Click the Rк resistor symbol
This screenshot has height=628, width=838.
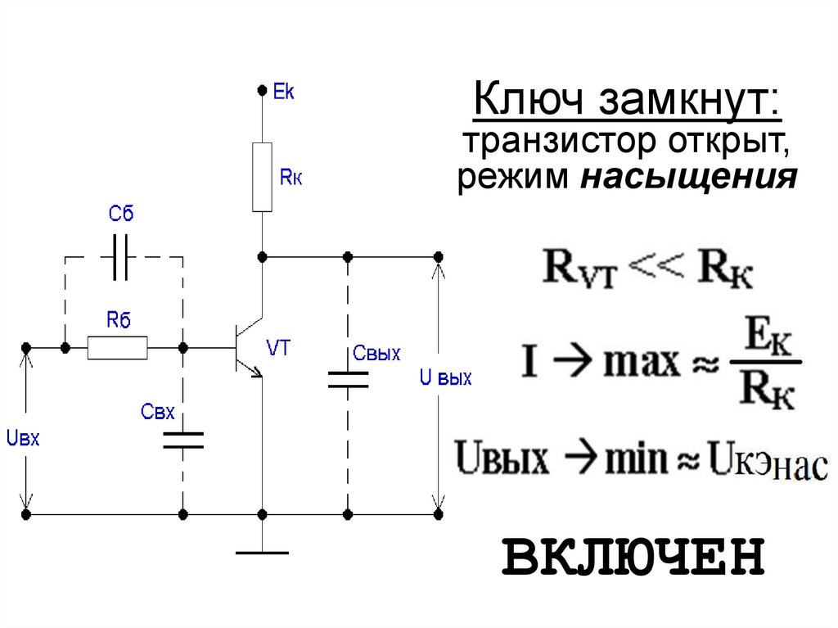click(262, 176)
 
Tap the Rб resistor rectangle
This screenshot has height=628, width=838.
click(118, 349)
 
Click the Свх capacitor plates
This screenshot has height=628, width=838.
click(182, 441)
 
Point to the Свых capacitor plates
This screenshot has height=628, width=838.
click(348, 379)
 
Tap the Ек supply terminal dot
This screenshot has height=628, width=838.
click(262, 88)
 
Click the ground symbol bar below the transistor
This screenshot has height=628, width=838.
click(262, 553)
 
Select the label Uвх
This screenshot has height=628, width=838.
click(22, 439)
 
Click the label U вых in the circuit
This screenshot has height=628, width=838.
click(445, 379)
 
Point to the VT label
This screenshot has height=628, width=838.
click(279, 348)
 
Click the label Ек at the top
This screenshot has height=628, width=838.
click(283, 92)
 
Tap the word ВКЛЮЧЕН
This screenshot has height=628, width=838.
click(633, 557)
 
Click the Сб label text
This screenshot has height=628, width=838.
click(120, 215)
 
